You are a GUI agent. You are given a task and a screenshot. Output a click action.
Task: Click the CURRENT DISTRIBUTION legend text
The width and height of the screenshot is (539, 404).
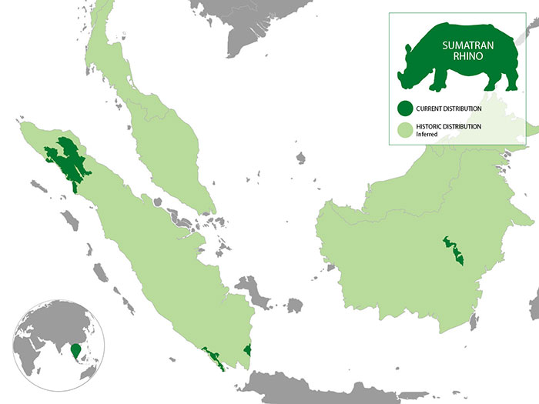point(449,109)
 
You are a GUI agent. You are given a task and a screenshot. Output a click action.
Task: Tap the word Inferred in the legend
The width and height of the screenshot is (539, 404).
point(427,135)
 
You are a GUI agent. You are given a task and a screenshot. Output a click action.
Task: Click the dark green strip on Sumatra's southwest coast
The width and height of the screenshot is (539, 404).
point(213,358)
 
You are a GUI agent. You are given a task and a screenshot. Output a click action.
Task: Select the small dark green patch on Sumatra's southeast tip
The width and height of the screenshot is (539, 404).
point(248,351)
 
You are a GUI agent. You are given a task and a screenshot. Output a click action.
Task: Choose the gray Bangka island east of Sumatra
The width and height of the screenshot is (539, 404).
point(251,290)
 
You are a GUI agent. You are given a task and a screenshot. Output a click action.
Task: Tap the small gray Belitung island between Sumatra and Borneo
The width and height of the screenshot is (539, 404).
point(294,306)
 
